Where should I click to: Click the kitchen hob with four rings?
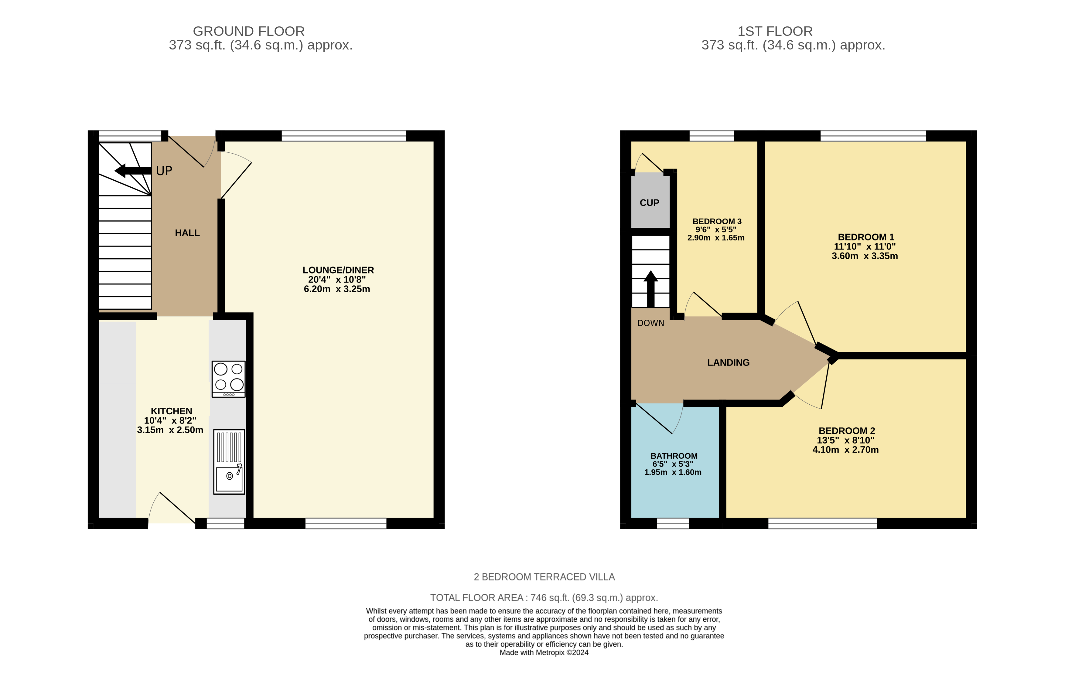[228, 379]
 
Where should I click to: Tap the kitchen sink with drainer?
[229, 461]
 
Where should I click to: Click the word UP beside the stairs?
[164, 171]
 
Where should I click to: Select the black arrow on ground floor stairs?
[132, 170]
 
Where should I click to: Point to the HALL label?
[187, 233]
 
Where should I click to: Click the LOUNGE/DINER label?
[338, 270]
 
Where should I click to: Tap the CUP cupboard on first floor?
[649, 202]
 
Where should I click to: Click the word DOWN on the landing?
[650, 323]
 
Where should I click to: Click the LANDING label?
[728, 363]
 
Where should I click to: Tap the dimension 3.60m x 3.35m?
[864, 256]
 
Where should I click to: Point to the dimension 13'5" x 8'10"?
[845, 440]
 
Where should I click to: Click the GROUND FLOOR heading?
[248, 31]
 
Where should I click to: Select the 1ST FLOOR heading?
[775, 31]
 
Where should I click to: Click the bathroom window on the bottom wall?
[673, 524]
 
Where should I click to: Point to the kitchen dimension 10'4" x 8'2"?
[170, 420]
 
